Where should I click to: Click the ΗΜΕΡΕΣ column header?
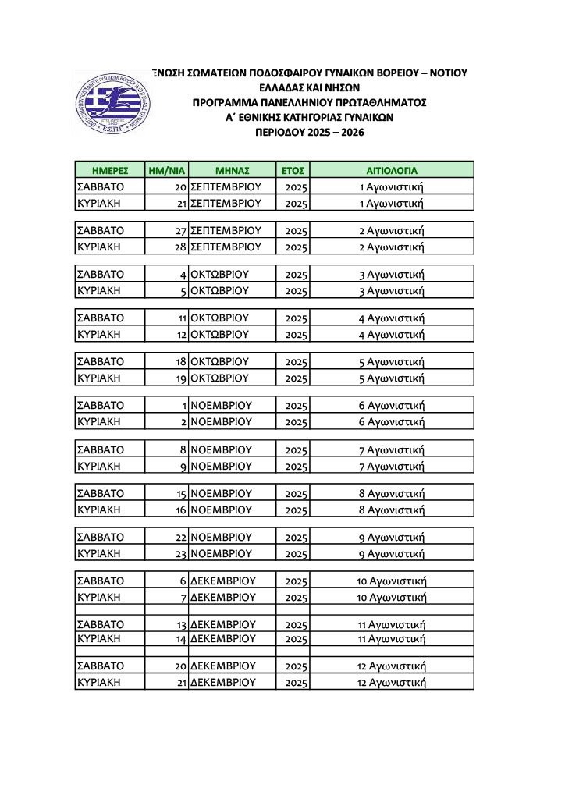pyautogui.click(x=109, y=169)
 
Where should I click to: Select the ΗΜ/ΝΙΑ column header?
pyautogui.click(x=165, y=169)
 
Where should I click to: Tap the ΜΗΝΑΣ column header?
pyautogui.click(x=232, y=169)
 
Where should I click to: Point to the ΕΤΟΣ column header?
pyautogui.click(x=293, y=169)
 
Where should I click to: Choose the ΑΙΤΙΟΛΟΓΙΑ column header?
pyautogui.click(x=392, y=169)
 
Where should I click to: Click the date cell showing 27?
pyautogui.click(x=180, y=231)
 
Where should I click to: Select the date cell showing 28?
pyautogui.click(x=180, y=247)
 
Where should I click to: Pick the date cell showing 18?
pyautogui.click(x=180, y=362)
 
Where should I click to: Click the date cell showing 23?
pyautogui.click(x=180, y=554)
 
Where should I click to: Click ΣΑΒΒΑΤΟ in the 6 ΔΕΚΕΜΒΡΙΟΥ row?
pyautogui.click(x=100, y=581)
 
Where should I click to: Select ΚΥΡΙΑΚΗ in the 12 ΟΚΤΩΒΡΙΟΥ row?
pyautogui.click(x=97, y=335)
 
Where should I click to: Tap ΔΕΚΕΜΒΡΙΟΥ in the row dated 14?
pyautogui.click(x=223, y=638)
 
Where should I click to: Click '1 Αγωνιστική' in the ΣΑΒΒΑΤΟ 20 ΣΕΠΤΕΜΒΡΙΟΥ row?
pyautogui.click(x=391, y=187)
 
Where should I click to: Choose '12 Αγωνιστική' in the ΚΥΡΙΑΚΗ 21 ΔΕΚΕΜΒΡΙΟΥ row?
pyautogui.click(x=392, y=682)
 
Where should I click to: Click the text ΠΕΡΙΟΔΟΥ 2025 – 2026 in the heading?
pyautogui.click(x=310, y=133)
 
